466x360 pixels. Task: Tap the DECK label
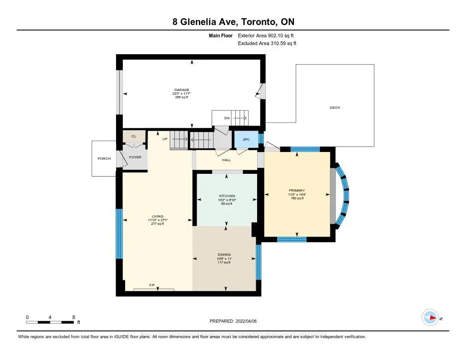[335, 108]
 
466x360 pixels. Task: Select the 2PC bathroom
[246, 140]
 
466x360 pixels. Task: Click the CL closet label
[134, 136]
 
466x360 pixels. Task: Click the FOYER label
[135, 157]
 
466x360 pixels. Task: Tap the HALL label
[226, 160]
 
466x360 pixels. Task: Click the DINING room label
[224, 254]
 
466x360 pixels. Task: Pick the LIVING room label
[157, 216]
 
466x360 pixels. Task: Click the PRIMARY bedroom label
[297, 190]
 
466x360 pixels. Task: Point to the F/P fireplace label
[152, 285]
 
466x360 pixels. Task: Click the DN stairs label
[227, 118]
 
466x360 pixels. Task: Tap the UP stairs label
[165, 139]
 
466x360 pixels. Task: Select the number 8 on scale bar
[74, 317]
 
